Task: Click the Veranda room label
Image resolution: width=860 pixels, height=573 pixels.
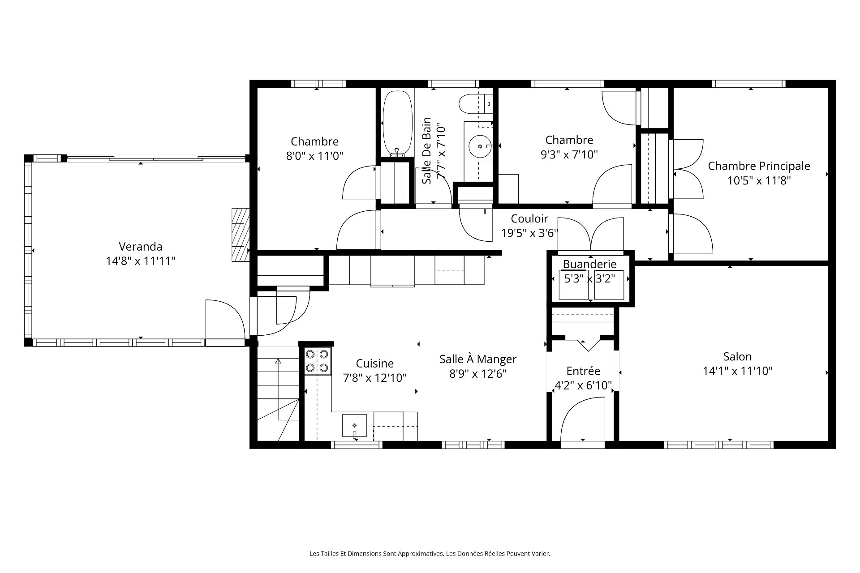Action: coord(141,247)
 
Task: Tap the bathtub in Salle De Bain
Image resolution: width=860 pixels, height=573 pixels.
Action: coord(397,124)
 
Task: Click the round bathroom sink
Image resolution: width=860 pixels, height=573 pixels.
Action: coord(480,146)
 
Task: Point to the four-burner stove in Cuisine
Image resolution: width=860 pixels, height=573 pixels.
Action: coord(318,361)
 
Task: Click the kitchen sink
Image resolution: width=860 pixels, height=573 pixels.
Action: coord(354,425)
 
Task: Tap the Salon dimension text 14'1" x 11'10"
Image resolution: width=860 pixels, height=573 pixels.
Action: coord(738,371)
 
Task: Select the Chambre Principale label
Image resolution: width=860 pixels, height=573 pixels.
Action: coord(759,166)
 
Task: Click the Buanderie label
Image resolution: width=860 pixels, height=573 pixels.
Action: coord(589,264)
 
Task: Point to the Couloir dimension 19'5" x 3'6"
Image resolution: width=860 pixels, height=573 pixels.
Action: coord(530,233)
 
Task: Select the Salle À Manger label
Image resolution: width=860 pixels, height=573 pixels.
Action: coord(478,359)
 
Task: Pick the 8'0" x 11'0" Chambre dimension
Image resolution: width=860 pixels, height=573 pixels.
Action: coord(314,156)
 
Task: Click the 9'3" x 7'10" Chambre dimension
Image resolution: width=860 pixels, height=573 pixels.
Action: coord(569,154)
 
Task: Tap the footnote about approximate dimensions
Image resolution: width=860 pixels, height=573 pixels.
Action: coord(430,554)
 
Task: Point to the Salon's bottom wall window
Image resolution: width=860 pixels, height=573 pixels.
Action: coord(718,445)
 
